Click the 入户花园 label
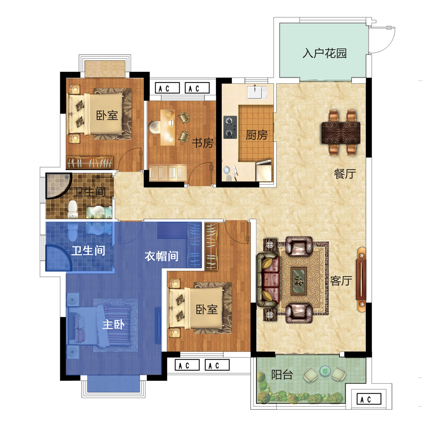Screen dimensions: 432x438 [x=324, y=53]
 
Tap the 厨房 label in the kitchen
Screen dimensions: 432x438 [x=256, y=135]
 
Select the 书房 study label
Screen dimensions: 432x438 [x=202, y=143]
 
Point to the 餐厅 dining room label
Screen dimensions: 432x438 [x=345, y=174]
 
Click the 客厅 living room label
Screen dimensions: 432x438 [x=341, y=281]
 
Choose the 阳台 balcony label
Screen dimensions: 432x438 [x=282, y=375]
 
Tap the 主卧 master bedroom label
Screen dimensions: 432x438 [x=113, y=324]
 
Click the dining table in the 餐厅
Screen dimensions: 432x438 [x=341, y=133]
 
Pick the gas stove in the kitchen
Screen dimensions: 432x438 [x=230, y=127]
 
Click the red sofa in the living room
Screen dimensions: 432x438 [x=268, y=280]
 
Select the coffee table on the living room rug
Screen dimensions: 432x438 [x=299, y=281]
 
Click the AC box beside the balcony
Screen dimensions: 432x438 [x=369, y=399]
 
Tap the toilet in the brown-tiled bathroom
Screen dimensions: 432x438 [x=73, y=209]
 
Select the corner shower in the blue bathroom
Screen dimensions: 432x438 [x=59, y=258]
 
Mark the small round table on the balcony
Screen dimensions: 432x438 [x=325, y=371]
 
